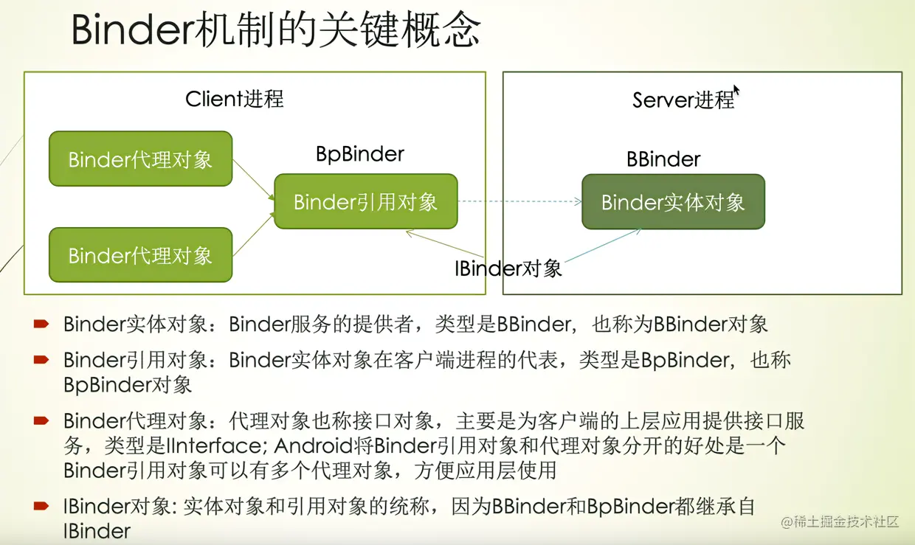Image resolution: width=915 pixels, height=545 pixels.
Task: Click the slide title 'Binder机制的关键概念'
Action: pos(276,32)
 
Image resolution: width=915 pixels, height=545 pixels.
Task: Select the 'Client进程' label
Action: pos(235,99)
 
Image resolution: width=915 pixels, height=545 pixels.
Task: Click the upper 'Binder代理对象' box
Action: pos(140,159)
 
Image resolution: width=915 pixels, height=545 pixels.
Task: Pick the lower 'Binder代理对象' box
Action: pos(140,255)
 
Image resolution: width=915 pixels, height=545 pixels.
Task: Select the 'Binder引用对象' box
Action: pos(365,201)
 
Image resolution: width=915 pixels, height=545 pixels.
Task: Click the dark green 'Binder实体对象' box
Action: pos(673,202)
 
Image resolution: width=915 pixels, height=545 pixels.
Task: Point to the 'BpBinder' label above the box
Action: pos(360,154)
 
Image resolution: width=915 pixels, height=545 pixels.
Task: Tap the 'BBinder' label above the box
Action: pos(663,159)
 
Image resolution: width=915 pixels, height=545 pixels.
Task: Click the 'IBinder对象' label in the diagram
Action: pos(508,268)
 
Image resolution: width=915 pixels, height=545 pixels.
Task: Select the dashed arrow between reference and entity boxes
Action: pos(519,201)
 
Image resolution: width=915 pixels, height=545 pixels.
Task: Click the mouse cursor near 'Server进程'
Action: pos(736,90)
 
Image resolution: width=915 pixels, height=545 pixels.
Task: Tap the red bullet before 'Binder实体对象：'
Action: pos(41,323)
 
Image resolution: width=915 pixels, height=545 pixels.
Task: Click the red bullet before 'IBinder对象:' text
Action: pos(41,506)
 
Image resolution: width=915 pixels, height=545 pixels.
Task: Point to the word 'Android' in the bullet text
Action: pos(291,446)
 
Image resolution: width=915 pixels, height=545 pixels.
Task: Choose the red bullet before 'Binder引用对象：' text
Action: pos(41,360)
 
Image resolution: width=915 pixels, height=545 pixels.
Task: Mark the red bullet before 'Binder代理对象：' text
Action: pos(41,421)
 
